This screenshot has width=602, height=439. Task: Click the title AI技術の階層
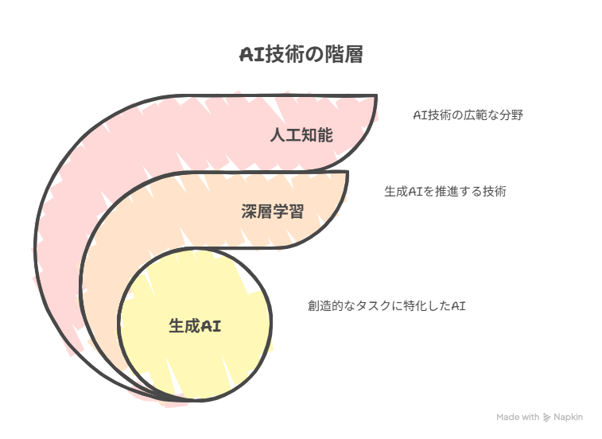[301, 54]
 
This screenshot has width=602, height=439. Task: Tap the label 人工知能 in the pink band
[301, 135]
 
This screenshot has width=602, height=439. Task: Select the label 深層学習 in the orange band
[273, 212]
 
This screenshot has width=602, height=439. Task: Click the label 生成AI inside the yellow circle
[195, 326]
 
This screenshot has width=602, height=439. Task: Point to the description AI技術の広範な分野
[468, 115]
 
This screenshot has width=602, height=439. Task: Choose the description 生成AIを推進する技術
[445, 192]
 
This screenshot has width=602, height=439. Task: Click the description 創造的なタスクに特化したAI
[386, 305]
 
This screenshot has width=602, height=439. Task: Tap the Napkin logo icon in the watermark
[546, 418]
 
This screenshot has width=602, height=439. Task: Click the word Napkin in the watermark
[569, 417]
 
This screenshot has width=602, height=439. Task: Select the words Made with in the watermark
[518, 417]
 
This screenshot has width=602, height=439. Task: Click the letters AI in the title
[252, 55]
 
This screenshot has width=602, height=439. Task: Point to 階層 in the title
[344, 54]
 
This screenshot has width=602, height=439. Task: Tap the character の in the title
[314, 55]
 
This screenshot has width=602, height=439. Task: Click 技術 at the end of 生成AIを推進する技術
[495, 192]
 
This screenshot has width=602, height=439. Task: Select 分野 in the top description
[511, 115]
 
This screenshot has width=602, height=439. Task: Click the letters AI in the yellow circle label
[211, 326]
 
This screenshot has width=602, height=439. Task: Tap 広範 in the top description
[475, 115]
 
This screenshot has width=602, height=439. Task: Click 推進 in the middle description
[446, 192]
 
